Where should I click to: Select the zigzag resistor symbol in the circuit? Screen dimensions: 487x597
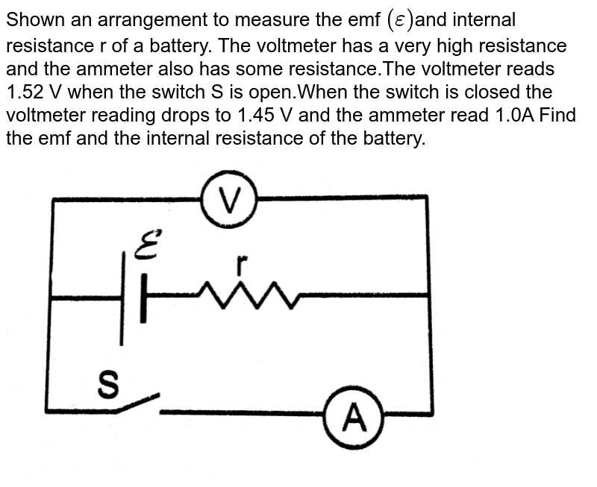(249, 295)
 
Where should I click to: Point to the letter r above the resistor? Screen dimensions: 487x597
(240, 264)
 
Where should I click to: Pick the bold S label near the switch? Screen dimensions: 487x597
(109, 386)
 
